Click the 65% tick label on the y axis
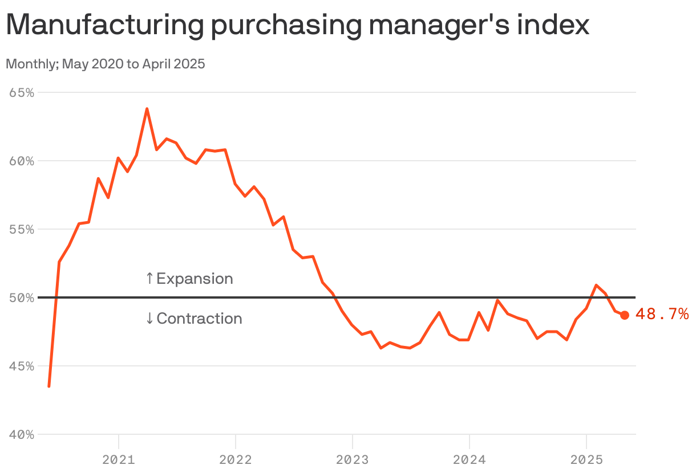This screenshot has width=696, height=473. (22, 92)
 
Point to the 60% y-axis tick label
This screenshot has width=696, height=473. (22, 161)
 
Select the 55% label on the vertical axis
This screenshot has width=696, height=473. (22, 229)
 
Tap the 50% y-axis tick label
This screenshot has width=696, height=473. (22, 297)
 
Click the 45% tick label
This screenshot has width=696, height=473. (22, 366)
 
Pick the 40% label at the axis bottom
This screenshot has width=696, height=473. (22, 434)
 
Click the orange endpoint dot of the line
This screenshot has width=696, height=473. (625, 315)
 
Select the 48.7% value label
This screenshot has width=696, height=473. (662, 314)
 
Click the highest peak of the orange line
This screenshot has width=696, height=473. (147, 108)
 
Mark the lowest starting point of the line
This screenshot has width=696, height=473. (49, 386)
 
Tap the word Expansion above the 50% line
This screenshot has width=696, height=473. (195, 279)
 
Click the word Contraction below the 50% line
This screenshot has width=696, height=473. (199, 319)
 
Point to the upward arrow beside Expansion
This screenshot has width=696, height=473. (149, 279)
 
